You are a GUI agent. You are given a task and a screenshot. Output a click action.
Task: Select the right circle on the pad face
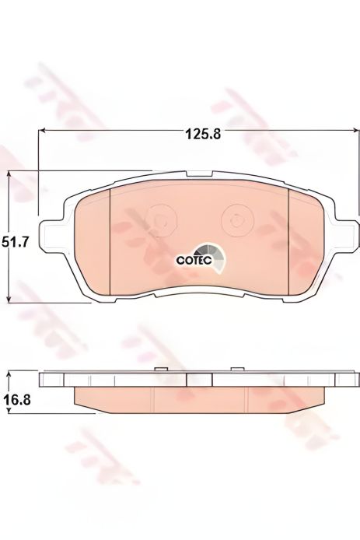click(236, 220)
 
